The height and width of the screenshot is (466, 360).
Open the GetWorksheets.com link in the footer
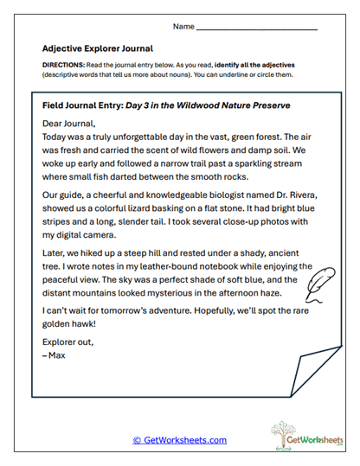[179, 440]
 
